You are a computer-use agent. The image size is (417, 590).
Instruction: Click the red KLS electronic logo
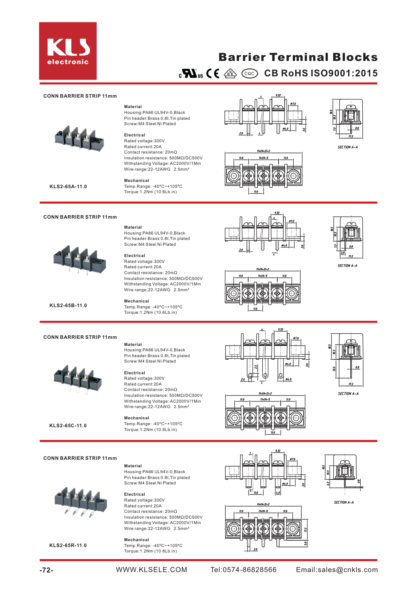[68, 51]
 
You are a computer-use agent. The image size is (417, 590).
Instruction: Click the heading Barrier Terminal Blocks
[298, 57]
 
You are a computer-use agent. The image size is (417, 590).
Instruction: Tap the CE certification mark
[213, 73]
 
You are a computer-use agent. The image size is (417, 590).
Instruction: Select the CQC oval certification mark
[249, 73]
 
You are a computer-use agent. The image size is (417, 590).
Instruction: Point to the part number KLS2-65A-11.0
[68, 187]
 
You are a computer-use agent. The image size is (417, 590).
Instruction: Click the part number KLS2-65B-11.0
[68, 305]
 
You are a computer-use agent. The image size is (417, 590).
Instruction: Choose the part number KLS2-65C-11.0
[68, 426]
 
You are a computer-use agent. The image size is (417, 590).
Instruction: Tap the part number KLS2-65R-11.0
[68, 545]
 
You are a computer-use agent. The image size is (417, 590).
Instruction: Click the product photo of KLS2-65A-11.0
[79, 138]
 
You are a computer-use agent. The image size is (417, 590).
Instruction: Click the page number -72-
[46, 570]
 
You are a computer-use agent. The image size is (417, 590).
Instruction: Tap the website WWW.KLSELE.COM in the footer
[151, 570]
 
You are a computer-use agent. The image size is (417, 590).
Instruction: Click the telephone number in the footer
[243, 570]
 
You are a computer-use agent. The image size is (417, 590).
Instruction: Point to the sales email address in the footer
[337, 570]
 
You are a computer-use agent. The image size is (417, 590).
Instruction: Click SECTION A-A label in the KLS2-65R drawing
[344, 502]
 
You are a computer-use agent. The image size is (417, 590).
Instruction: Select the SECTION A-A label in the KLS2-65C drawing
[348, 393]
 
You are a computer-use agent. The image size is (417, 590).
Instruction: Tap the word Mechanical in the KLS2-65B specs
[136, 301]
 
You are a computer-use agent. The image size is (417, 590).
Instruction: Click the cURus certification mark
[191, 74]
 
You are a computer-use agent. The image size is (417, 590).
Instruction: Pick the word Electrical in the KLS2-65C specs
[135, 373]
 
